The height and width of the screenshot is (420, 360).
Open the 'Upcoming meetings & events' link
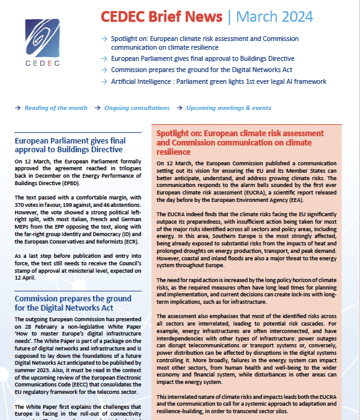(x=221, y=107)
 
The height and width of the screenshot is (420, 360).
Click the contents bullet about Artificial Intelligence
(x=214, y=81)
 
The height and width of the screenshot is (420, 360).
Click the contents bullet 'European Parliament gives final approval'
(x=202, y=58)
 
